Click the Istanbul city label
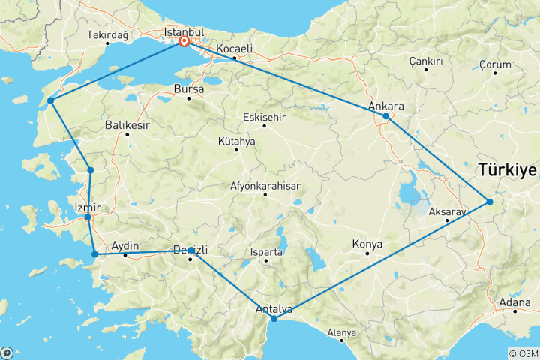pyautogui.click(x=184, y=32)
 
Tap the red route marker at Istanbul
pyautogui.click(x=184, y=42)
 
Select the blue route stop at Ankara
pyautogui.click(x=385, y=116)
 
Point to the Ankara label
pyautogui.click(x=387, y=106)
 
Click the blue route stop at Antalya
pyautogui.click(x=274, y=319)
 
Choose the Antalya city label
pyautogui.click(x=273, y=308)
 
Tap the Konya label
pyautogui.click(x=367, y=244)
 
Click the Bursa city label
pyautogui.click(x=188, y=88)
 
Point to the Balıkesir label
pyautogui.click(x=126, y=124)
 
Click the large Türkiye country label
pyautogui.click(x=507, y=171)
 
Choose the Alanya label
pyautogui.click(x=341, y=332)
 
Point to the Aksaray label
pyautogui.click(x=447, y=212)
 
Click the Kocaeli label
pyautogui.click(x=233, y=49)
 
